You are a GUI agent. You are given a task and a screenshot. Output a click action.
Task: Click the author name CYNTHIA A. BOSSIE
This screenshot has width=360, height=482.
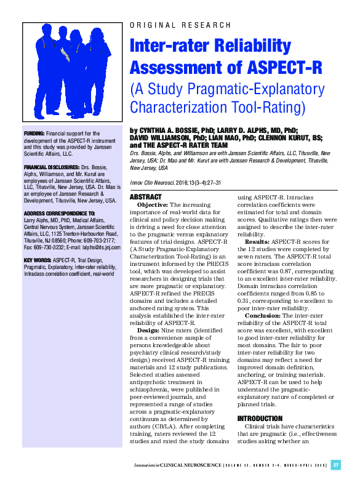172,131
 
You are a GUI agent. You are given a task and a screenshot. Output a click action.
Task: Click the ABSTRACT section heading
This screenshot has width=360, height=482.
146,197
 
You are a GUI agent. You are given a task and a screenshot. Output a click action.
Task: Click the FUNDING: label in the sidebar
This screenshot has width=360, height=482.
33,133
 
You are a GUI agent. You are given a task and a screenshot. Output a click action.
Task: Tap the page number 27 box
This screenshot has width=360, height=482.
336,465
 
